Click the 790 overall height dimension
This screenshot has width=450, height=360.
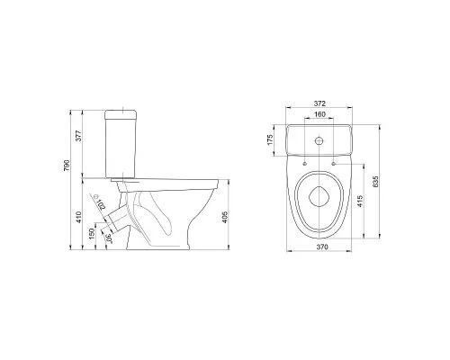(67, 166)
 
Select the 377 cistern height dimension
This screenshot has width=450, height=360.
(78, 136)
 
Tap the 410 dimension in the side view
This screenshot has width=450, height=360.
(78, 217)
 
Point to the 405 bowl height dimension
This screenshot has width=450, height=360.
(225, 217)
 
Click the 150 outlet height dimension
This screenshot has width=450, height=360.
(92, 234)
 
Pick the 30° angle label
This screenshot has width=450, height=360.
(109, 238)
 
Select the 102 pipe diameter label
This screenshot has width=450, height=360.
(102, 204)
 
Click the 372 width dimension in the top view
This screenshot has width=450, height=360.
(319, 103)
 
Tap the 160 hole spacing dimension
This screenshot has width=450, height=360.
(319, 114)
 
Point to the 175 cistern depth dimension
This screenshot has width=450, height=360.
(270, 140)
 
